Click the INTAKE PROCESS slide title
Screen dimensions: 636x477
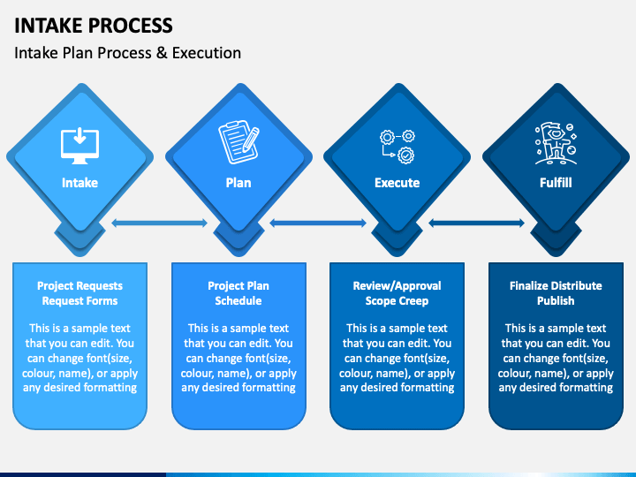94,26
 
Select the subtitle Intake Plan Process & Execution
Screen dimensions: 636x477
128,53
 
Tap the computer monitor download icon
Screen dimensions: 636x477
79,146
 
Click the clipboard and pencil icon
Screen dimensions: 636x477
238,142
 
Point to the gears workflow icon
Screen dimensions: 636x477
397,147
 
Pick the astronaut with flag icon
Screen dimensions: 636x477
556,143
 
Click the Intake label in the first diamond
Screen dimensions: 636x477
79,183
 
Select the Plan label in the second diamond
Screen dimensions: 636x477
238,183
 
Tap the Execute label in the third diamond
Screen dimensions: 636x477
397,183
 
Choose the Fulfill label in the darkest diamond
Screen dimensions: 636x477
556,183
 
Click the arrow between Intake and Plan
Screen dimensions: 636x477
159,223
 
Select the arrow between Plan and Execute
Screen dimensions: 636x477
318,223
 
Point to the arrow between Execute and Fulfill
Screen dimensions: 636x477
477,223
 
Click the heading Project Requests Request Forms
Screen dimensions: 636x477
79,293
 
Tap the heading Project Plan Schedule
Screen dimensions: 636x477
238,293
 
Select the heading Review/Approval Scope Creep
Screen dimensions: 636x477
397,293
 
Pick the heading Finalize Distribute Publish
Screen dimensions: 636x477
556,293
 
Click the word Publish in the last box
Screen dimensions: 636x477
556,301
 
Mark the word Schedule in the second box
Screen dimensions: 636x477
238,301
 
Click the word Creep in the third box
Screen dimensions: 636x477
413,301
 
